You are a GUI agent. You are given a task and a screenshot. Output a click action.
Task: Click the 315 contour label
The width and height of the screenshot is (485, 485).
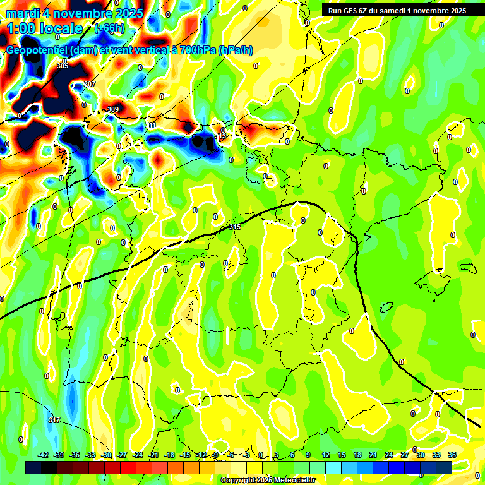pos(236,227)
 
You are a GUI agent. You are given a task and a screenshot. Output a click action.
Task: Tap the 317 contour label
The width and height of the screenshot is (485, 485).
pos(54,420)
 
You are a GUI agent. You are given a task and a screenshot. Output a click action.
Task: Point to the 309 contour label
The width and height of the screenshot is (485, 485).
pos(113,109)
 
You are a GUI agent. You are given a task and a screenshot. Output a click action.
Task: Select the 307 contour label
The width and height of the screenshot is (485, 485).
pos(90,84)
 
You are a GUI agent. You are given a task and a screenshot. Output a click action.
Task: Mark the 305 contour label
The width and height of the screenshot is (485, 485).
pos(62,66)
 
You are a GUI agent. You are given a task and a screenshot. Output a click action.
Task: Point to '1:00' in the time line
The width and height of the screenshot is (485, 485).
pos(22,28)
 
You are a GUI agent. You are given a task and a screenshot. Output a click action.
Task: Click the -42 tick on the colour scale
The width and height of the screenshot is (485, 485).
pos(44,455)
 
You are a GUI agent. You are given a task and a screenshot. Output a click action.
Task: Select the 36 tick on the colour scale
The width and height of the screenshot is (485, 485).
pos(452,455)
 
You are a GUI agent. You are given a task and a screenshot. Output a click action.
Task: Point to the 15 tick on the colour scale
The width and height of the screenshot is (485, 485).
pos(342,455)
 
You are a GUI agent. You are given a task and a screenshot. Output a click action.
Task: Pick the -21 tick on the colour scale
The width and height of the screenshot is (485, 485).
pos(153,455)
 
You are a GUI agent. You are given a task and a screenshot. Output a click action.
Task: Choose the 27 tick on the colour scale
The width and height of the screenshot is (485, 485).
pos(405,455)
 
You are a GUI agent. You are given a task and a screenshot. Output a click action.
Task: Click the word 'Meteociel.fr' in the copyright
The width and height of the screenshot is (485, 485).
pos(294,481)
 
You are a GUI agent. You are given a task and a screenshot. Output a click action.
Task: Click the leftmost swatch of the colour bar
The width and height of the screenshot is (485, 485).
pos(33,467)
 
